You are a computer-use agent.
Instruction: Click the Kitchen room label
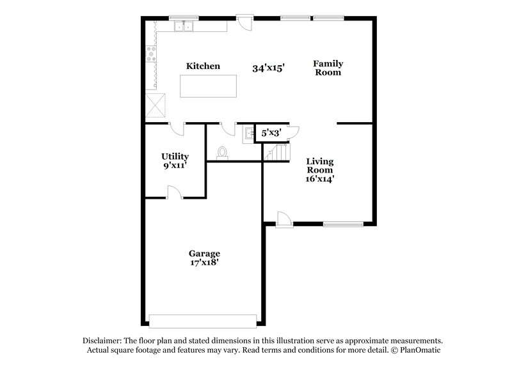[203, 66]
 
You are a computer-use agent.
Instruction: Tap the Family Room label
[328, 68]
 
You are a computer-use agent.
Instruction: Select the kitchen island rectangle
[208, 86]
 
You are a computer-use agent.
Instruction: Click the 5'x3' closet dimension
[271, 133]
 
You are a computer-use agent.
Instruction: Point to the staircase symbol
[276, 152]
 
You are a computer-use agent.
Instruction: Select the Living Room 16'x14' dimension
[320, 179]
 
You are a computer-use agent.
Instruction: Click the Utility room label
[175, 156]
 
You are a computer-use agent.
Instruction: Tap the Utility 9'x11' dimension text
[175, 166]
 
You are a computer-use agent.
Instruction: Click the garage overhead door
[203, 318]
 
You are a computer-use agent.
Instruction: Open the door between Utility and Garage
[173, 192]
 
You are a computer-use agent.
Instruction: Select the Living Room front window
[343, 223]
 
